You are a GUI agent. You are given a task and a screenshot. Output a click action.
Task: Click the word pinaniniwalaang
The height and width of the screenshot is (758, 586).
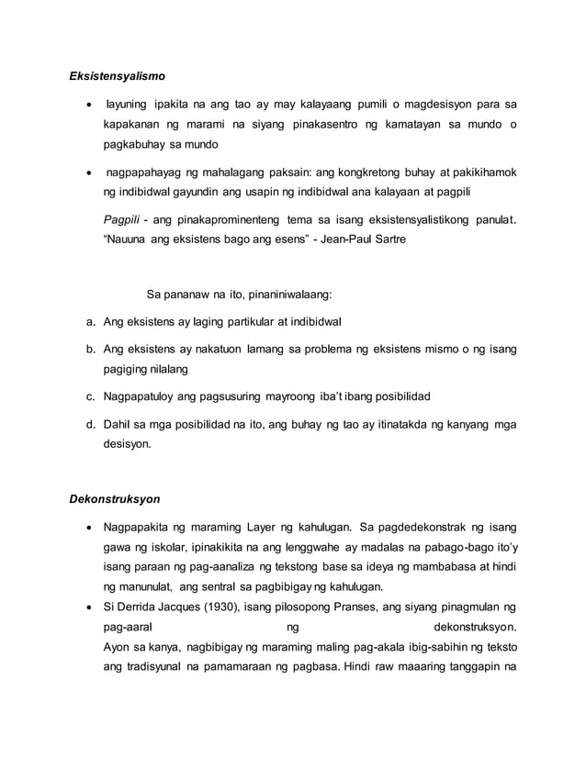285,295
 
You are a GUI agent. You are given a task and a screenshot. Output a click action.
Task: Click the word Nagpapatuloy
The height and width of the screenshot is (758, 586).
145,396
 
